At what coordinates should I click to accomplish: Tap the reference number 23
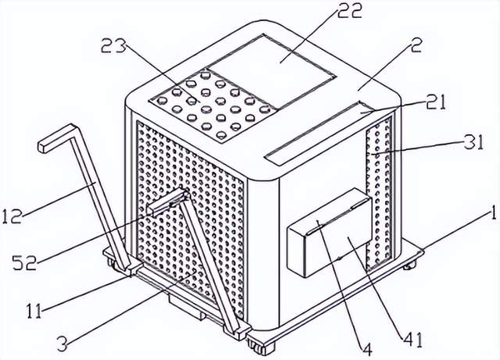click(x=113, y=48)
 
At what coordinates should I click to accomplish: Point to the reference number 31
click(x=472, y=142)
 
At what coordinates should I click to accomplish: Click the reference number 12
click(x=12, y=216)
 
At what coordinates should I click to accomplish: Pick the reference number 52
click(x=24, y=262)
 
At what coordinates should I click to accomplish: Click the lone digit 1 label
click(x=493, y=213)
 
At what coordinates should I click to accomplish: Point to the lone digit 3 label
click(x=62, y=344)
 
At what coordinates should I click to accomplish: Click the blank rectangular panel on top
click(x=272, y=71)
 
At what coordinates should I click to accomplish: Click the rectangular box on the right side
click(x=330, y=232)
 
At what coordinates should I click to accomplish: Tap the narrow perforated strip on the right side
click(x=379, y=194)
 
